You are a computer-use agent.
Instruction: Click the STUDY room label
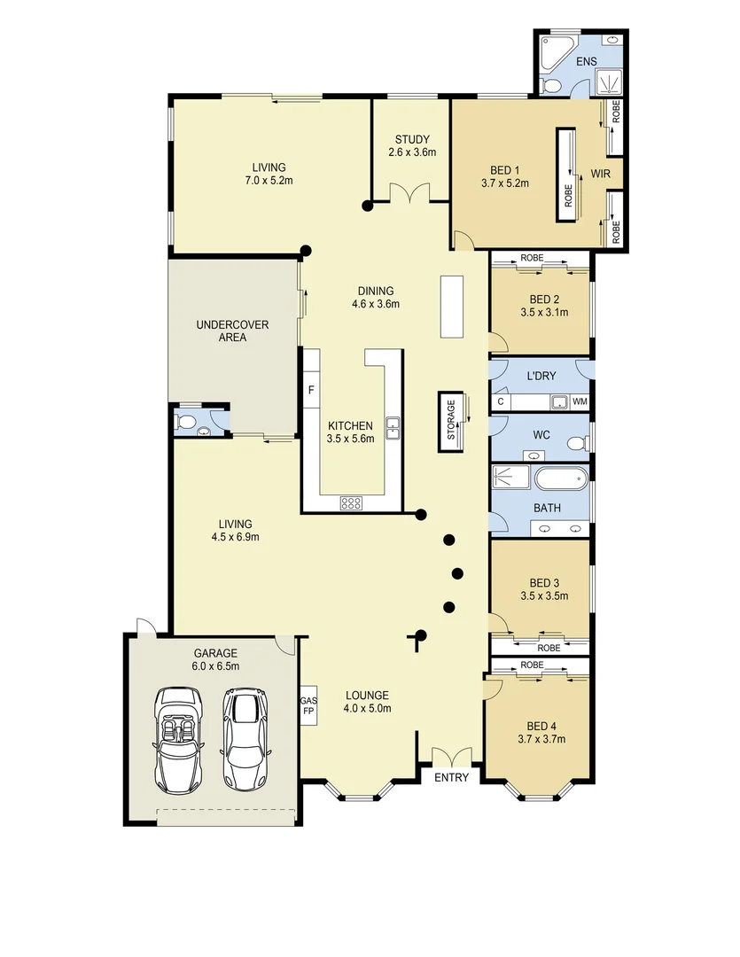(412, 139)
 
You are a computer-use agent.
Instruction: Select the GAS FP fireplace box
(309, 704)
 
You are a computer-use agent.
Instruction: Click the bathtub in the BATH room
(560, 479)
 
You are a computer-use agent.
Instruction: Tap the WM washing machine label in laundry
(580, 402)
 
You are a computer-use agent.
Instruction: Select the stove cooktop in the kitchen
(351, 502)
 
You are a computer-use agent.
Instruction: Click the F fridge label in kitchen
(311, 389)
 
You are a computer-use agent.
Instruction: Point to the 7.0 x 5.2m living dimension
(269, 181)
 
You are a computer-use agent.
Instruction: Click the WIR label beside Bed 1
(600, 174)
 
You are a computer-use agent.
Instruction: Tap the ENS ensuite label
(586, 62)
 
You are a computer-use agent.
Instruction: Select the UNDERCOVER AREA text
(232, 331)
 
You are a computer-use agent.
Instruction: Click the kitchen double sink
(392, 428)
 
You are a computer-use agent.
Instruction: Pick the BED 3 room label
(544, 582)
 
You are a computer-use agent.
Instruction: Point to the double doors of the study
(409, 193)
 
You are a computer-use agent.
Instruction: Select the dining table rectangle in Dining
(452, 306)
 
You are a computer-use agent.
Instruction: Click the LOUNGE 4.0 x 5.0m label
(368, 701)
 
